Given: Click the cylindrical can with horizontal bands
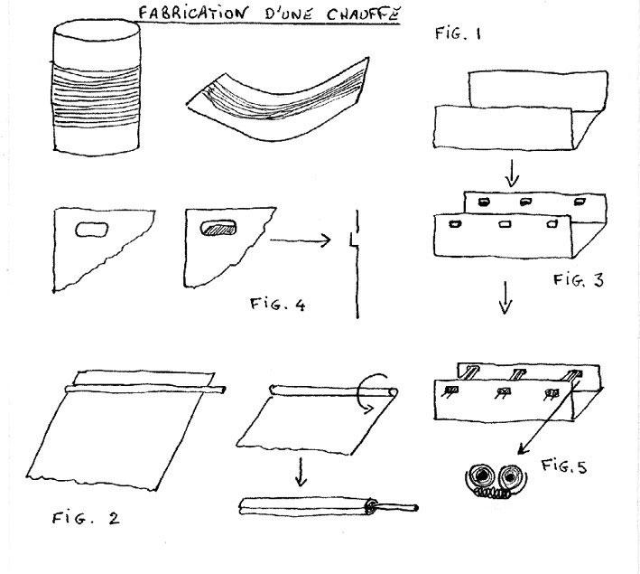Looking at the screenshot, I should tap(97, 89).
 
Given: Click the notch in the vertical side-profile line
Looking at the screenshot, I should tap(354, 240).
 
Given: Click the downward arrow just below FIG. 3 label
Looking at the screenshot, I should tap(506, 302).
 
